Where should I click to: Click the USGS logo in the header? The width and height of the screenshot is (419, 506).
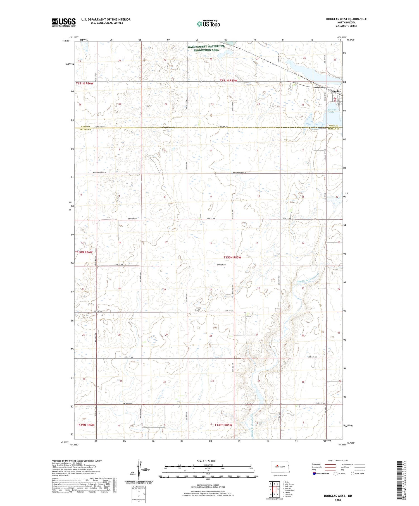coord(64,22)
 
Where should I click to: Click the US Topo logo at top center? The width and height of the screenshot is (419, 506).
coord(208,24)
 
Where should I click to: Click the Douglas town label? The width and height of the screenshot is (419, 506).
coord(335,92)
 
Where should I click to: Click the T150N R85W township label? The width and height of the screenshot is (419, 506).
coord(232,257)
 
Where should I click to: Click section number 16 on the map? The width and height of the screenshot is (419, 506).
coord(211,243)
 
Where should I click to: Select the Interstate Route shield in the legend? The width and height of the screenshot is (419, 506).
coord(314,474)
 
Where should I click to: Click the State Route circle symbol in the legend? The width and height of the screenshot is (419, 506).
coord(353,474)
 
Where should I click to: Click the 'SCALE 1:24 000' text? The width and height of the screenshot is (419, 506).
coord(208,461)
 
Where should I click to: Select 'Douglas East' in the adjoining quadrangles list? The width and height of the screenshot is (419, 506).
coord(289,490)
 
